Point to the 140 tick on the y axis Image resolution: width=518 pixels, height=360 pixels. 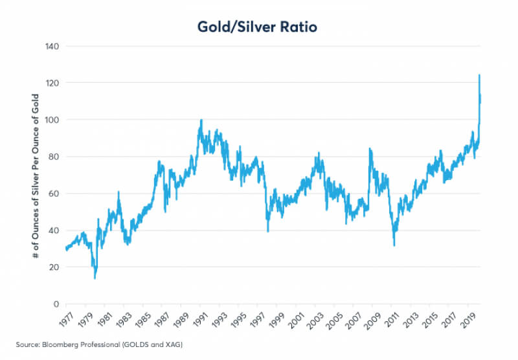tap(52, 47)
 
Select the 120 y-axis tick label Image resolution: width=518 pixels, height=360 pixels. tap(52, 83)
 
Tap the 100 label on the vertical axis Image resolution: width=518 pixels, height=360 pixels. tap(52, 120)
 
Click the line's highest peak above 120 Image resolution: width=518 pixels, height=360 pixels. tap(479, 75)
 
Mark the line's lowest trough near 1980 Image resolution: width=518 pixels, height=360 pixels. tap(95, 278)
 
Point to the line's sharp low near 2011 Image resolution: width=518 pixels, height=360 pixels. tap(394, 245)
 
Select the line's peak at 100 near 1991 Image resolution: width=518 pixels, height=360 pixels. tap(201, 120)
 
